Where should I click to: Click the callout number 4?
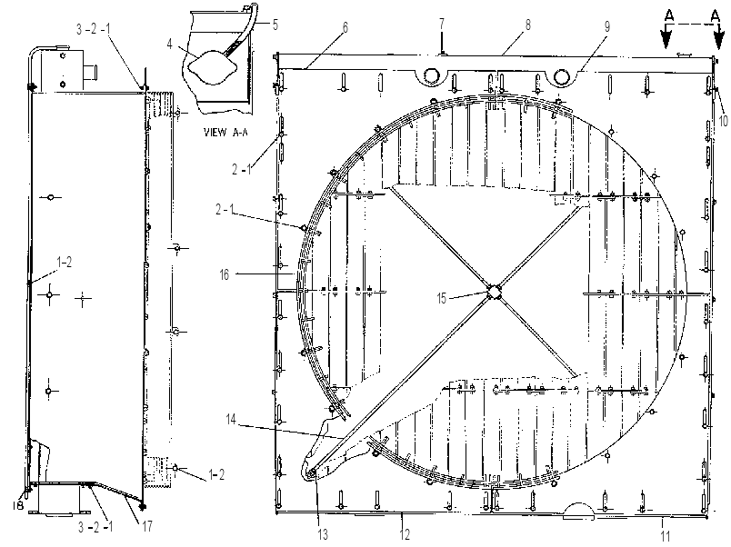click(x=170, y=45)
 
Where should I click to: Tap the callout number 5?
click(x=275, y=25)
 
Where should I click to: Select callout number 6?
click(x=345, y=27)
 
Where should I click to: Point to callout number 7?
click(x=442, y=24)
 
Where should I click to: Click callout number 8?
click(x=527, y=25)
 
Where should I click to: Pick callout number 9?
click(x=607, y=26)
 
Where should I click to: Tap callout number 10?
click(x=723, y=121)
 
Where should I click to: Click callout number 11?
click(x=666, y=536)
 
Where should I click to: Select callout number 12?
click(x=405, y=534)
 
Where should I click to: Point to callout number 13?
click(x=323, y=534)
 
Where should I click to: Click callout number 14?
click(x=231, y=419)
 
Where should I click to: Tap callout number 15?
click(x=442, y=298)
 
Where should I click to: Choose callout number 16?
click(x=225, y=275)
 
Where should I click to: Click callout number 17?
click(x=147, y=526)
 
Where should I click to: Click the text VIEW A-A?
click(x=226, y=132)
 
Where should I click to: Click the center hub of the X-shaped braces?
click(x=493, y=293)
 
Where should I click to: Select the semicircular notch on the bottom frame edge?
click(x=578, y=511)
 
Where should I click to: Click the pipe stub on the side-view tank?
click(x=90, y=73)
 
